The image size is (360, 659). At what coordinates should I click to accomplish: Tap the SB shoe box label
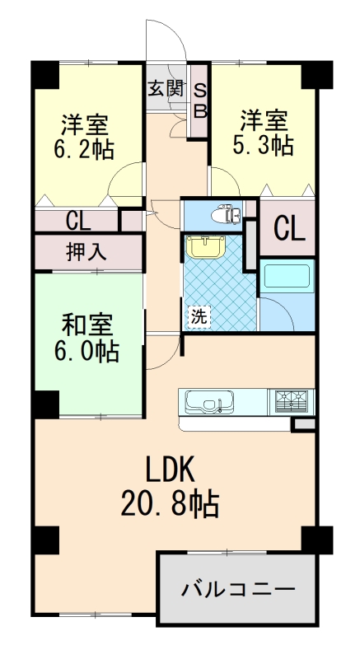point(200,98)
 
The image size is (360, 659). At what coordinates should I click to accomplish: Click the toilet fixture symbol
point(225,215)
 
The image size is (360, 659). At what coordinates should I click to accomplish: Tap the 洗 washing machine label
point(199,315)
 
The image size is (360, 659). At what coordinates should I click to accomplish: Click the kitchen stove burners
point(293,400)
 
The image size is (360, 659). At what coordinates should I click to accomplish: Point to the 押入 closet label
point(86,252)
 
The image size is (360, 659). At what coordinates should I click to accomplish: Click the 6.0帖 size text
point(86,352)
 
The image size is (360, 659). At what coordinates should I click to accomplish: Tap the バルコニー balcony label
point(238,590)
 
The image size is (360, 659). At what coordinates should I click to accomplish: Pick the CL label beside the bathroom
point(289,227)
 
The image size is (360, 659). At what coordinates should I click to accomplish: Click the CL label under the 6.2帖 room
point(78,221)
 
